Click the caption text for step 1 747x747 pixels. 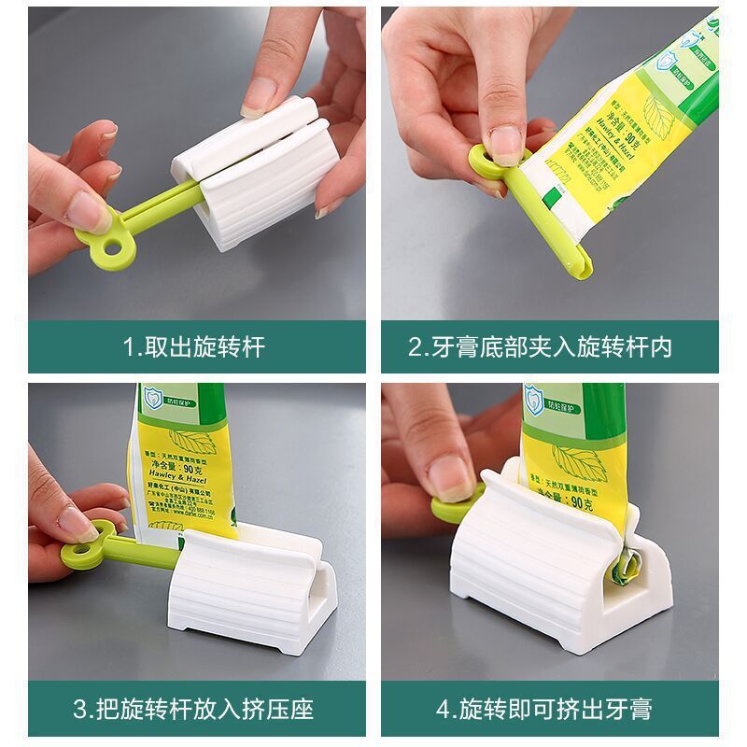(x=194, y=348)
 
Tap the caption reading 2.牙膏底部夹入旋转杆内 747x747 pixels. (x=540, y=348)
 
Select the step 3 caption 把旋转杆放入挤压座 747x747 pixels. (x=194, y=709)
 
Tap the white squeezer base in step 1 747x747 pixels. (x=252, y=187)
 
